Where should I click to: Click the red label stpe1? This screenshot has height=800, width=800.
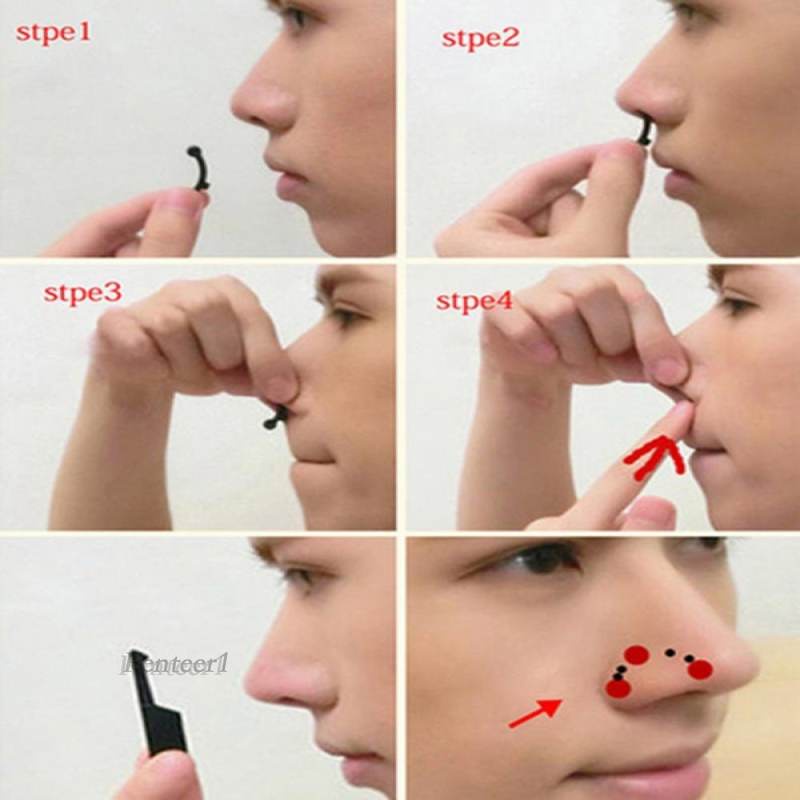pos(52,32)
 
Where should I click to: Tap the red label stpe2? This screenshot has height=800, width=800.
pos(480,39)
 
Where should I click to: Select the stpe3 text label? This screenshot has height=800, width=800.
pos(81,294)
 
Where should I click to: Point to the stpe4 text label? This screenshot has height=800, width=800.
pos(474,301)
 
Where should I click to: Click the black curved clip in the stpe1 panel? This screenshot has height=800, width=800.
pos(198,168)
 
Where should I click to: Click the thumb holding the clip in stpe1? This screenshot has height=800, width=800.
pos(181,206)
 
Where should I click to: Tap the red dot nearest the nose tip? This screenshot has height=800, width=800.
pos(700,668)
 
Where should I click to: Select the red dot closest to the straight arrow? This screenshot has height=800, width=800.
pos(618,688)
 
